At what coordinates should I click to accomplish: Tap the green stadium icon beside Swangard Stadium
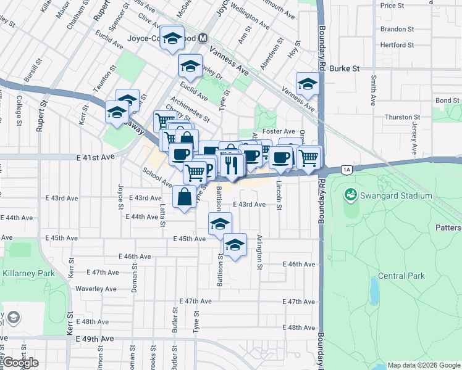[x=351, y=195]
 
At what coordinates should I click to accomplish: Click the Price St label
[x=392, y=6]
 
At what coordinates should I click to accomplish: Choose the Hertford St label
[x=397, y=45]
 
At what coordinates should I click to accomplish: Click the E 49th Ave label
[x=94, y=339]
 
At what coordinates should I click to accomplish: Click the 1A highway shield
[x=346, y=169]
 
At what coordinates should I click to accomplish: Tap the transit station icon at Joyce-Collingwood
[x=202, y=38]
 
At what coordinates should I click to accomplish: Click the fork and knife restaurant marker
[x=232, y=164]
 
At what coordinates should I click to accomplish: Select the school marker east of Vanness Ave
[x=307, y=84]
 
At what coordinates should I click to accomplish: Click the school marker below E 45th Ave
[x=235, y=245]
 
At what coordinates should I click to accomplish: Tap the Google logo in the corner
[x=20, y=363]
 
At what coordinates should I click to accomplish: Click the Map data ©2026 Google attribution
[x=424, y=365]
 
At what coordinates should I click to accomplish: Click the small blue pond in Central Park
[x=374, y=287]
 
